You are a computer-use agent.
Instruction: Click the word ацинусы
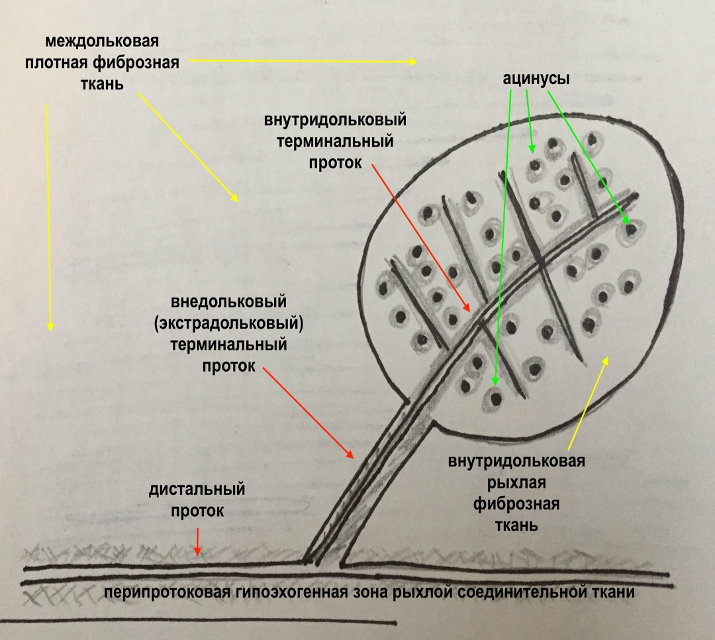point(536,79)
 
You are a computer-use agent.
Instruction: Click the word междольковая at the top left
point(102,42)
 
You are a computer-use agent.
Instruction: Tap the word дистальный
point(197,490)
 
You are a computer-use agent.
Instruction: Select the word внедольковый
point(229,301)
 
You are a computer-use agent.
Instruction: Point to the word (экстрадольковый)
point(229,324)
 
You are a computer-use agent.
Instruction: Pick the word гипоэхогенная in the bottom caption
point(291,592)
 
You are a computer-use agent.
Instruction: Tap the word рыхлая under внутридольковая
point(516,482)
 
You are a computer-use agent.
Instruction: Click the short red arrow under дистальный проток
point(197,541)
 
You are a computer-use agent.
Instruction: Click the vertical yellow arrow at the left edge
point(49,217)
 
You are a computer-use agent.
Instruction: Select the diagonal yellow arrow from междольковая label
point(188,148)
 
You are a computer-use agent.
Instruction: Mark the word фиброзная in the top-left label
point(136,63)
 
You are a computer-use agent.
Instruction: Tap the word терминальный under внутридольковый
point(335,141)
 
